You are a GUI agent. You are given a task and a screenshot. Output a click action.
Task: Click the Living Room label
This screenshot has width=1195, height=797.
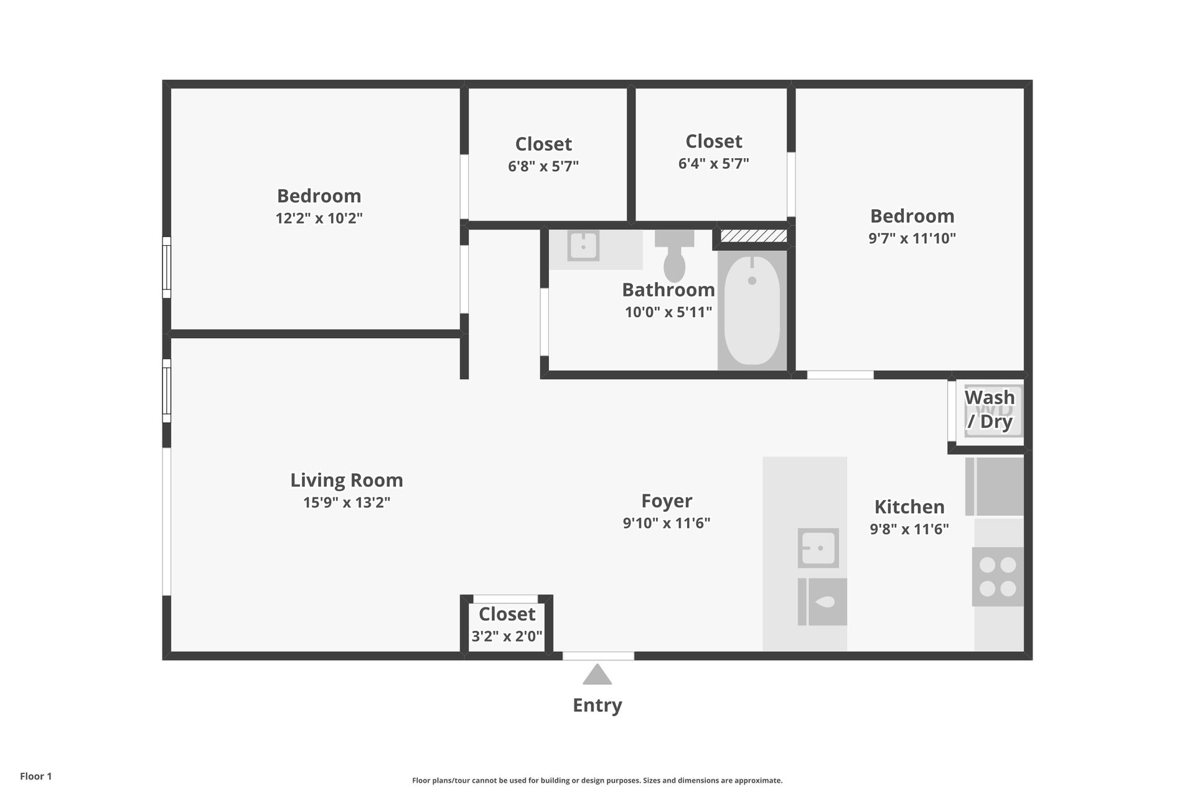coord(347,480)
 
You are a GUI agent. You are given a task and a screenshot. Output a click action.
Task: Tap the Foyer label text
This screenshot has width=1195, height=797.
coord(667,501)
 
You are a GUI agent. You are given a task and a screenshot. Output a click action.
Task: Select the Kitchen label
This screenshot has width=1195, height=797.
coord(909,507)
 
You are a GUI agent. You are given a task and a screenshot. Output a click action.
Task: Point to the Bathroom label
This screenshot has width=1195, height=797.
coord(668,290)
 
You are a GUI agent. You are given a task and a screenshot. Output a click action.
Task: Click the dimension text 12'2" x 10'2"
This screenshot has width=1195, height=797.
coord(319,219)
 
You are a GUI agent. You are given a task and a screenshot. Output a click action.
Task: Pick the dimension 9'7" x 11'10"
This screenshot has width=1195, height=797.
coord(912,238)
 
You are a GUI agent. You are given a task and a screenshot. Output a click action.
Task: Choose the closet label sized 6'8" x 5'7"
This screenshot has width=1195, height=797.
coord(543,144)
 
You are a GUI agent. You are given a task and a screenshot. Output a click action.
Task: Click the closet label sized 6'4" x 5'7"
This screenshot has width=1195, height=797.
coord(714,141)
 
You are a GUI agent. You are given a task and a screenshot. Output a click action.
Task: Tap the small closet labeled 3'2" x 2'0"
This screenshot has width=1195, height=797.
coord(507,614)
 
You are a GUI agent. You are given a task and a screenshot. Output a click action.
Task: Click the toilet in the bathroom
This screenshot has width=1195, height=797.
coord(675,255)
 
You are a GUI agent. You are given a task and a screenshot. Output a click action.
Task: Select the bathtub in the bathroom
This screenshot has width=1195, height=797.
coord(752,310)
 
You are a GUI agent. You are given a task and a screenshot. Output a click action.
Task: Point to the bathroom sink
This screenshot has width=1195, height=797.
coord(583,246)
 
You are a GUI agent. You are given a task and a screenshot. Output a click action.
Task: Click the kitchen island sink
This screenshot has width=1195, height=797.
coord(818,548)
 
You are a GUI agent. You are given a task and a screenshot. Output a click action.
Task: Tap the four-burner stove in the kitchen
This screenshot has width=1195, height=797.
coord(998,577)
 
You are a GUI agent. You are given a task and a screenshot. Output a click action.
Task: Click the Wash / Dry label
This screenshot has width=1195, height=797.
coord(990,409)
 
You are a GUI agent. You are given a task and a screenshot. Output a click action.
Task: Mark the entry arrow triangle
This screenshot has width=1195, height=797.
coord(597,674)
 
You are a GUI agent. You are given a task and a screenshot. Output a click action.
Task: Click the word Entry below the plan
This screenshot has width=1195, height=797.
coord(597,705)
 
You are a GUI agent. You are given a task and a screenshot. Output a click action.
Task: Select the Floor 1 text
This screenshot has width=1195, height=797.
coord(36,776)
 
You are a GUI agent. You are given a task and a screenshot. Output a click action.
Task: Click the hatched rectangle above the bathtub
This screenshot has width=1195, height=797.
coord(754,236)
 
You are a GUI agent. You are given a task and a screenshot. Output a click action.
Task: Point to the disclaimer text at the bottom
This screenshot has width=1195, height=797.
coord(597,781)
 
